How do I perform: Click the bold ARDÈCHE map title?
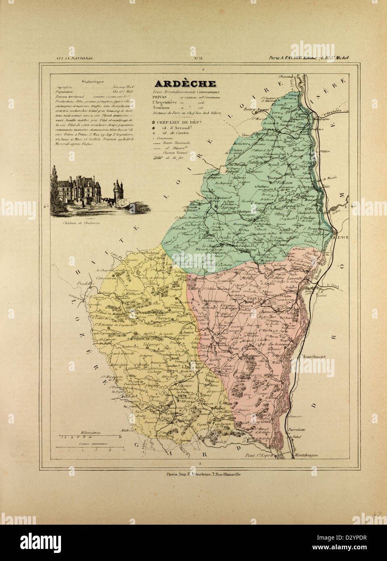(184, 84)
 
